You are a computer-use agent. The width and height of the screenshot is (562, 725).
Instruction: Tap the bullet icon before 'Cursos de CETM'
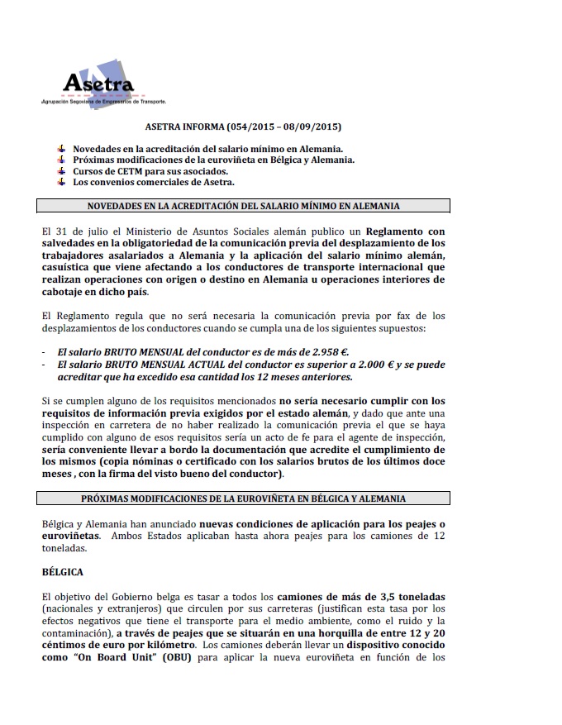pyautogui.click(x=61, y=170)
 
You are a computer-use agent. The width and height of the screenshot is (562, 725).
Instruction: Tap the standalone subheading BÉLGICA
pyautogui.click(x=63, y=571)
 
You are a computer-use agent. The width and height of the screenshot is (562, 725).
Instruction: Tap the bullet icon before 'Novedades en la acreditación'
pyautogui.click(x=61, y=147)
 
